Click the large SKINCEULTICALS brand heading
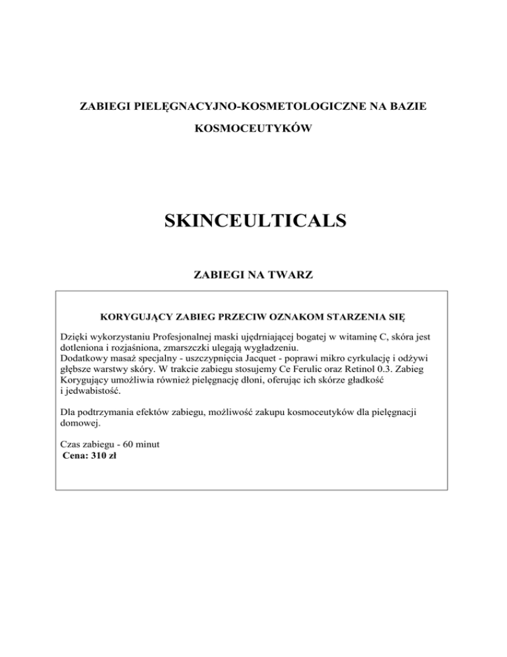coord(253,219)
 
